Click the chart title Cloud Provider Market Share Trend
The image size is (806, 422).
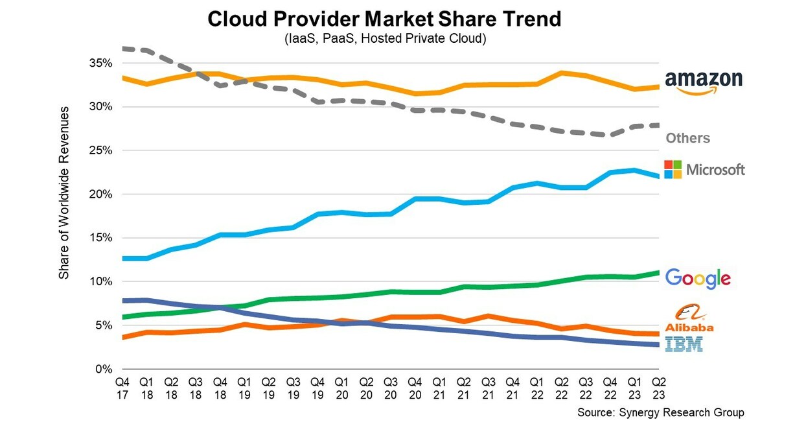(x=384, y=19)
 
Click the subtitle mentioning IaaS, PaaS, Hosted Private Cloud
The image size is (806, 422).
(x=385, y=39)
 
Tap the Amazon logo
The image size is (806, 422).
(x=704, y=82)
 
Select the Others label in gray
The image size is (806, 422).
(x=687, y=138)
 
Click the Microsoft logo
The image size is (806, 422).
(x=705, y=169)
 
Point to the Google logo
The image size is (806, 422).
(x=698, y=278)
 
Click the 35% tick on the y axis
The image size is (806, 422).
(x=103, y=64)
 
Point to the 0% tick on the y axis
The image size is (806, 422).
(x=106, y=369)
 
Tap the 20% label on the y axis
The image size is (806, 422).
(x=103, y=194)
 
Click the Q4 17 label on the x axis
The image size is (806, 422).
(x=122, y=387)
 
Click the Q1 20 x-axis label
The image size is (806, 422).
(x=341, y=387)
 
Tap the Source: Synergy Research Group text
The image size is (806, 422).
(x=660, y=412)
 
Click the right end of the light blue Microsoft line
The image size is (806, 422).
(x=658, y=176)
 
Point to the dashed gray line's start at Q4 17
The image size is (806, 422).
(x=123, y=49)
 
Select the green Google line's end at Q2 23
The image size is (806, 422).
(x=658, y=272)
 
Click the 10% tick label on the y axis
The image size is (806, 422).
(x=103, y=282)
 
